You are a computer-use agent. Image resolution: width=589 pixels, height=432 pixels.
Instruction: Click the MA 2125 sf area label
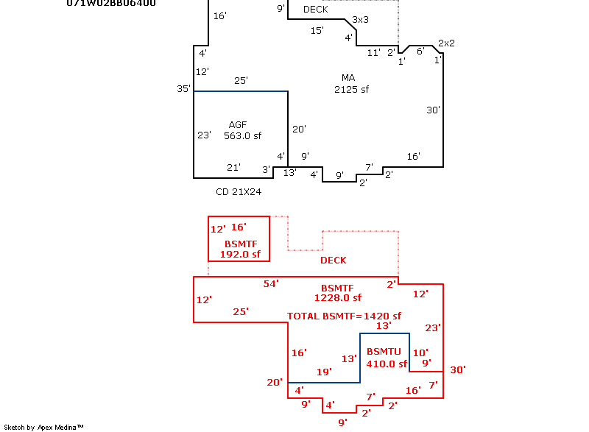tap(350, 83)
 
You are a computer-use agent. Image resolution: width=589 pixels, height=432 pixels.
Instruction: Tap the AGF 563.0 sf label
tap(242, 130)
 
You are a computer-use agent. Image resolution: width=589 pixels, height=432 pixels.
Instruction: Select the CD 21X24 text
tap(239, 191)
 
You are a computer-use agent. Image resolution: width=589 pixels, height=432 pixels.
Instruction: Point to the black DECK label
tap(316, 10)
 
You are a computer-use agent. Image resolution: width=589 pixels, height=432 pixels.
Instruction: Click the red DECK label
tap(333, 261)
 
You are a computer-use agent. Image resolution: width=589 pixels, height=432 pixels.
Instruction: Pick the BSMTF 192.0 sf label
tap(240, 249)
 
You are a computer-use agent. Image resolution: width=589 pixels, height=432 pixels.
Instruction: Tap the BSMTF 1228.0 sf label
tap(337, 293)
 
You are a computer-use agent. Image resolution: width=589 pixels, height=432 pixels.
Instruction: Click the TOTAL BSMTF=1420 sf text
tap(339, 316)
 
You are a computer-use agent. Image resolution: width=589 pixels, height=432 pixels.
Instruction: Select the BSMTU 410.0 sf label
tap(386, 358)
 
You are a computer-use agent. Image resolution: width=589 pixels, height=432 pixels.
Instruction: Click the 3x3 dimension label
tap(361, 19)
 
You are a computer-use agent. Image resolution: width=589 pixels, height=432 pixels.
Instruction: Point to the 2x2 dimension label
tap(446, 43)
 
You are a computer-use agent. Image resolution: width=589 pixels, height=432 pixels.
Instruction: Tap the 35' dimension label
tap(183, 89)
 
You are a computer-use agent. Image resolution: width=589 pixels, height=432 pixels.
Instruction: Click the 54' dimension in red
tap(272, 283)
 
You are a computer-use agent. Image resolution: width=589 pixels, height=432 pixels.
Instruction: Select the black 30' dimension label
tap(434, 110)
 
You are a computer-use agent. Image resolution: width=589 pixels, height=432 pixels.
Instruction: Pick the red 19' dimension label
tap(324, 372)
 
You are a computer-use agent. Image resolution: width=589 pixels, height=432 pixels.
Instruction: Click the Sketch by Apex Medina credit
tap(44, 427)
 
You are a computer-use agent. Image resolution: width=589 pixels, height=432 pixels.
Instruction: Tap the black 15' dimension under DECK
tap(317, 30)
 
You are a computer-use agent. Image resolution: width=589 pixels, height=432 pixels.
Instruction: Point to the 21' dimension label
tap(233, 168)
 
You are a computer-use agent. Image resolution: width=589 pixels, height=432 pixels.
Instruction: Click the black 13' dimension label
tap(289, 173)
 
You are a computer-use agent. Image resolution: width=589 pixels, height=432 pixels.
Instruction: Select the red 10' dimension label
tap(420, 353)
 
